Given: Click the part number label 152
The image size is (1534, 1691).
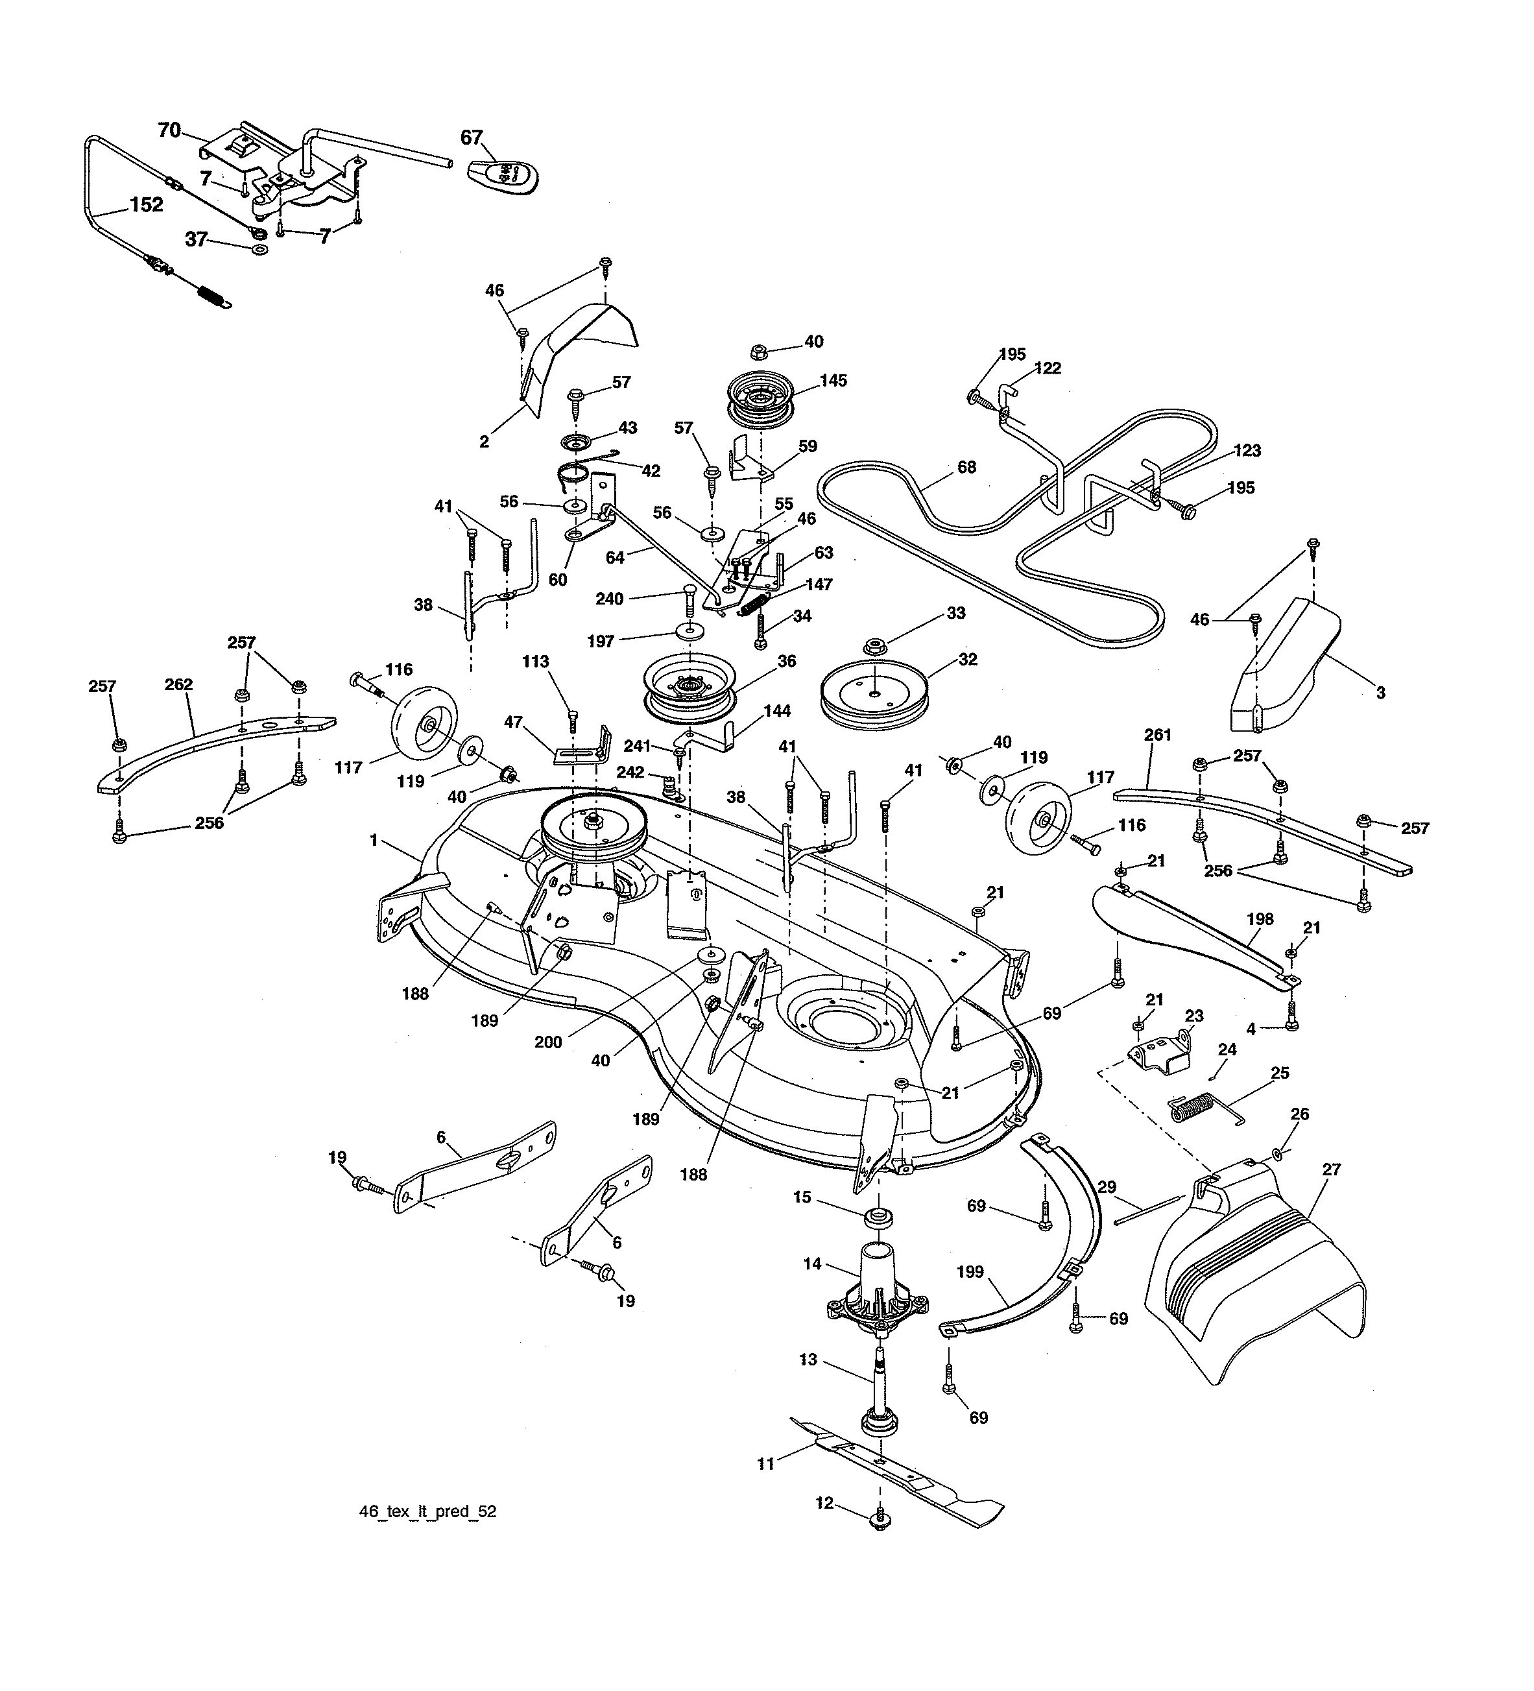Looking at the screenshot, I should point(146,206).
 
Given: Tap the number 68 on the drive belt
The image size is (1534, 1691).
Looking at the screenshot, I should point(966,467).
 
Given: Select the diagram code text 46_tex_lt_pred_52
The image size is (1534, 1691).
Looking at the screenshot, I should point(427,1535).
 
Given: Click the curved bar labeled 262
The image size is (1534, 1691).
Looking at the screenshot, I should point(210,741).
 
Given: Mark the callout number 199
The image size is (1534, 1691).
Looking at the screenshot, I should point(970,1273).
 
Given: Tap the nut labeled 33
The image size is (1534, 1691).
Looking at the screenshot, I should point(876,646).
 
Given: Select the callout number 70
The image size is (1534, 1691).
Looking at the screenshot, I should point(169,130).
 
